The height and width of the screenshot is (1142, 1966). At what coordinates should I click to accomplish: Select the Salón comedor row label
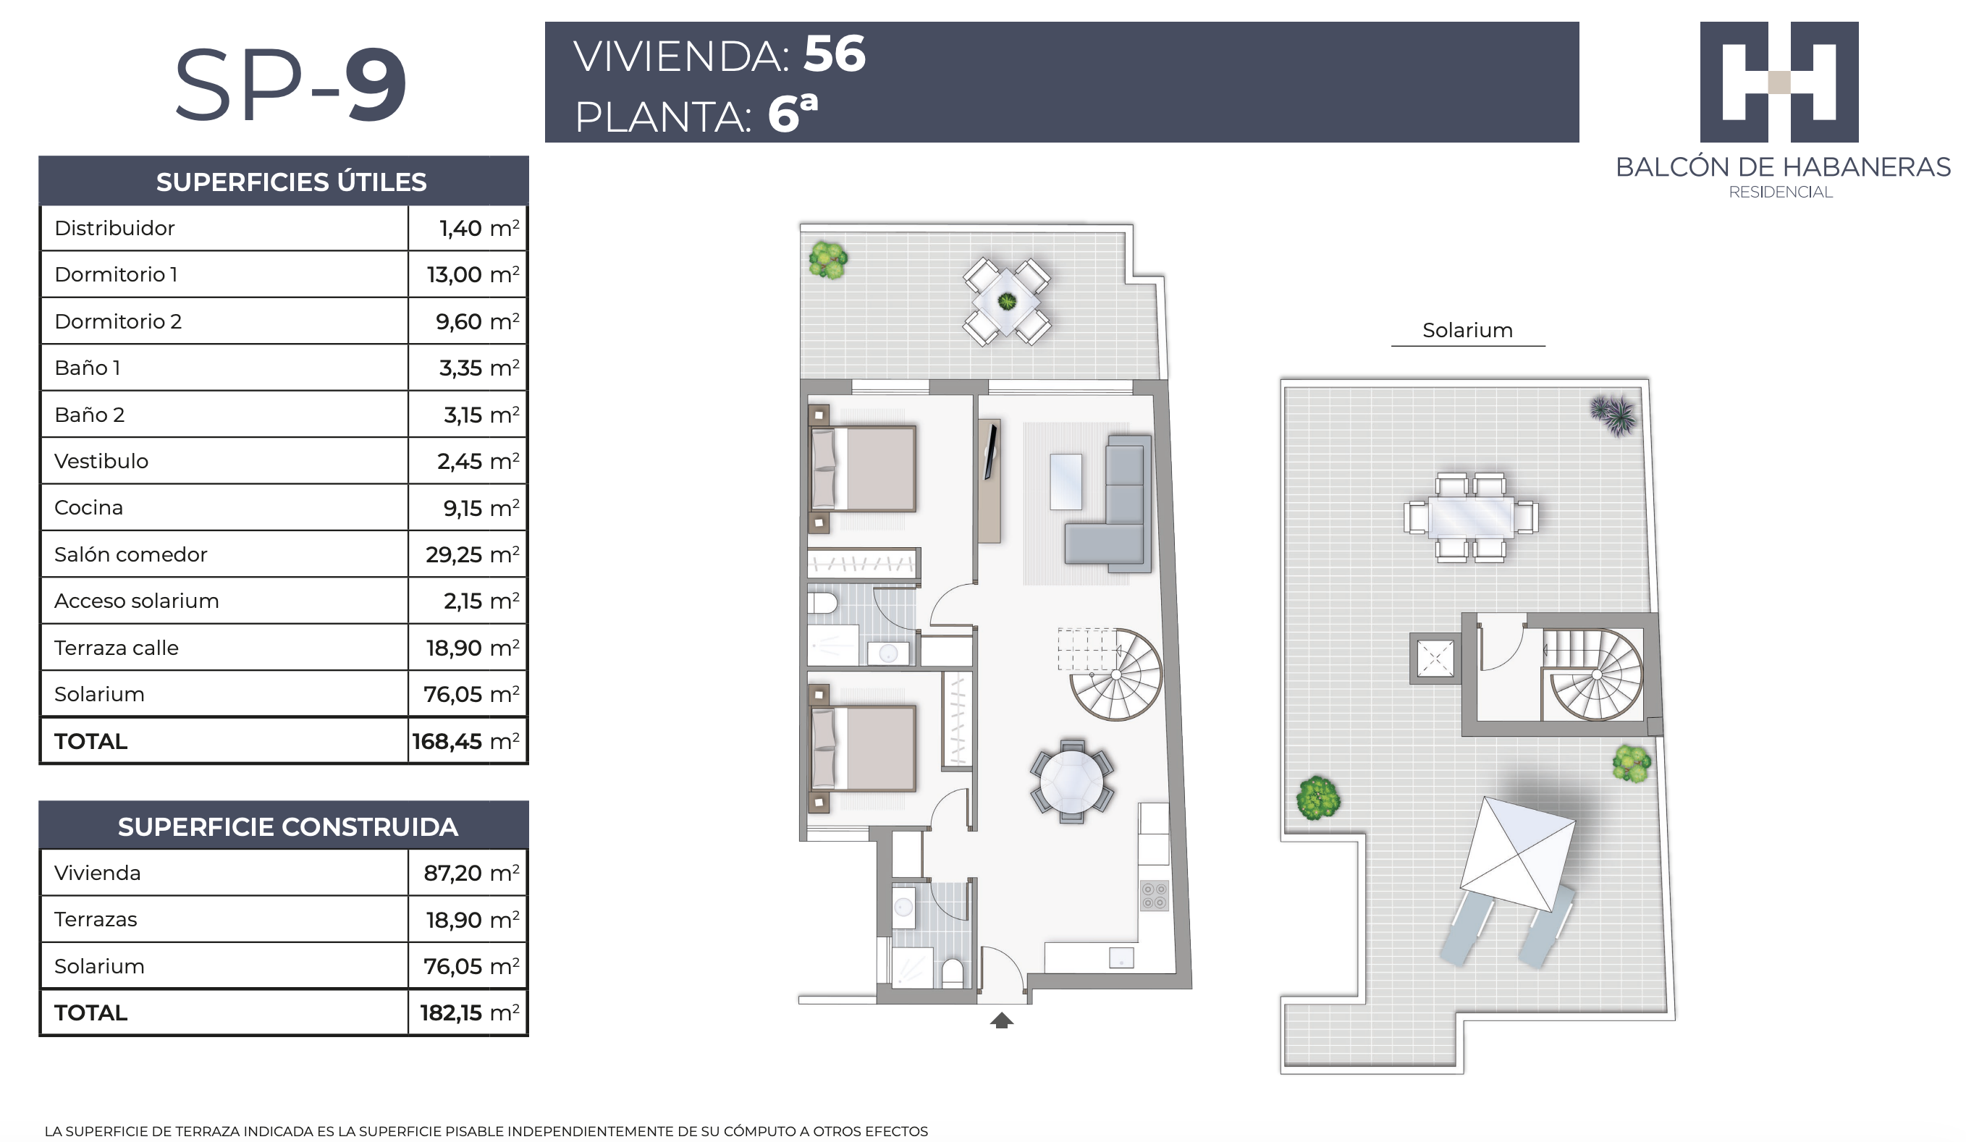[x=130, y=554]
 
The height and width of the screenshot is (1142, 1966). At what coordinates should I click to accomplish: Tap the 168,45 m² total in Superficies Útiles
[x=465, y=741]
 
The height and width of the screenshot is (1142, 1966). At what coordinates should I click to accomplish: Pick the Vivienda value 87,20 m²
[x=471, y=873]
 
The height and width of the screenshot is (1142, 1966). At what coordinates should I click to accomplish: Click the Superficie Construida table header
[x=287, y=827]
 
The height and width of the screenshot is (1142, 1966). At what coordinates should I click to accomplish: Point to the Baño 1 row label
[x=88, y=368]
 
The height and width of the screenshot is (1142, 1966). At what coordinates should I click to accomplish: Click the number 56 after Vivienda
[x=834, y=54]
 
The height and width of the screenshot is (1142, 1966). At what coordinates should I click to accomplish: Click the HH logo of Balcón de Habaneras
[x=1779, y=82]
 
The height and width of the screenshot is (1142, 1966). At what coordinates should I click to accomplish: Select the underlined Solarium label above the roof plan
[x=1467, y=330]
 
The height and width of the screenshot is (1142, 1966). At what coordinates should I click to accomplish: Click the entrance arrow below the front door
[x=1002, y=1020]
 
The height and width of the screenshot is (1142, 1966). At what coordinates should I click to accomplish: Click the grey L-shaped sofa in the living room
[x=1108, y=504]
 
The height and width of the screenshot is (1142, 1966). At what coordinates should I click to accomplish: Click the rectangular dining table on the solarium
[x=1471, y=517]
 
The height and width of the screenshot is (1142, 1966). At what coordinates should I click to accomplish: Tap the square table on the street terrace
[x=1006, y=301]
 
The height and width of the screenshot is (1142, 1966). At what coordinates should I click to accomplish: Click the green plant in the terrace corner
[x=828, y=261]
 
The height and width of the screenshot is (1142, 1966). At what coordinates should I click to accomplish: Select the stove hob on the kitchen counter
[x=1154, y=895]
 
